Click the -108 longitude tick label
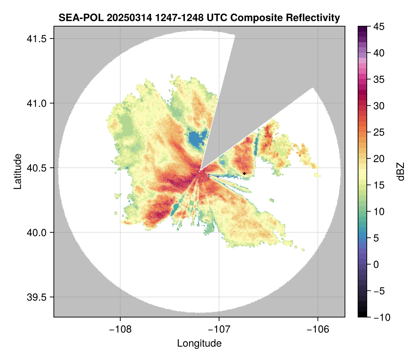pyautogui.click(x=120, y=329)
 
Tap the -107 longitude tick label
pyautogui.click(x=219, y=329)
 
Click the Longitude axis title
pyautogui.click(x=199, y=343)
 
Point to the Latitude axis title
pyautogui.click(x=17, y=171)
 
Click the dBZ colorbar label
pyautogui.click(x=401, y=172)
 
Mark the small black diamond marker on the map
pyautogui.click(x=245, y=173)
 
